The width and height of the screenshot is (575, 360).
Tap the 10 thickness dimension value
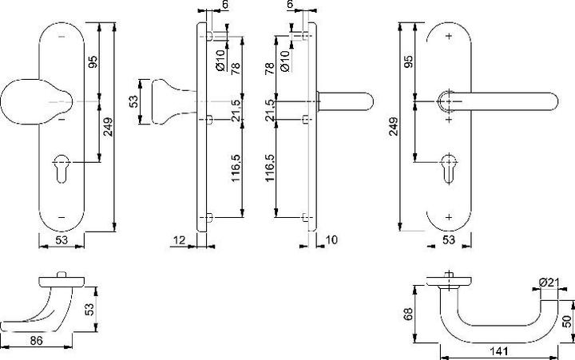coord(331,239)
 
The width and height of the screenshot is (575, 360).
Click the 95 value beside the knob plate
coord(92,62)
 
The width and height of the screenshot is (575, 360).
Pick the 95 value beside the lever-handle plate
coord(410,62)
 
